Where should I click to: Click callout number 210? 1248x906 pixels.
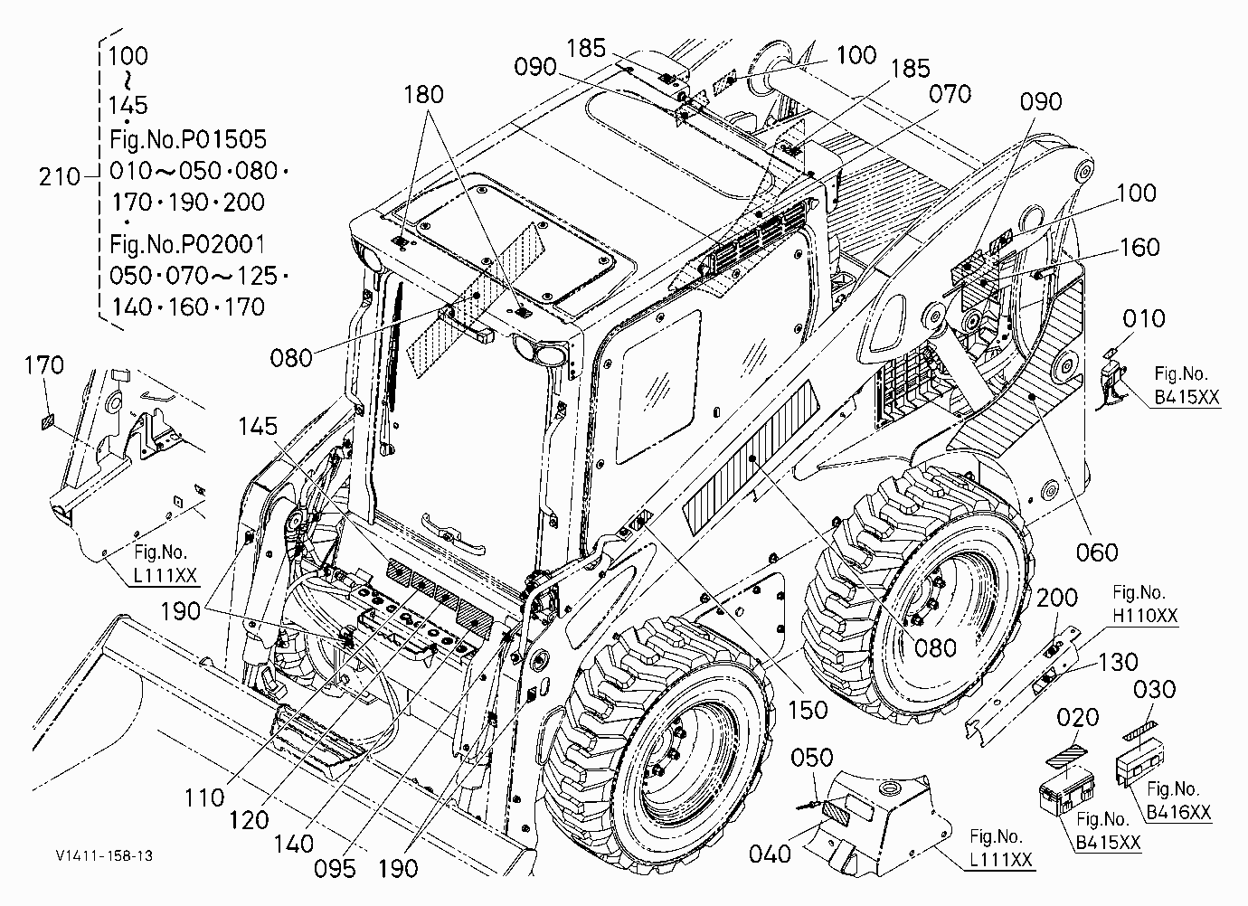(x=60, y=177)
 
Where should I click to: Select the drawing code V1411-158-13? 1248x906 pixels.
(x=104, y=855)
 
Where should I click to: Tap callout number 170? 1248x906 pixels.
(x=44, y=365)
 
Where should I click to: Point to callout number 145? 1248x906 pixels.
(x=258, y=427)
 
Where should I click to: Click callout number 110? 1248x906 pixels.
(x=205, y=797)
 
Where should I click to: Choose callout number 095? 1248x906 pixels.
(x=335, y=869)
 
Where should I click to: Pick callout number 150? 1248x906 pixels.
(x=808, y=710)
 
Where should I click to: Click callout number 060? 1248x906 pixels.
(x=1097, y=552)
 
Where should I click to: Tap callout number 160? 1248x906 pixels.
(x=1139, y=247)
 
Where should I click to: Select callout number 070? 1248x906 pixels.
(x=950, y=94)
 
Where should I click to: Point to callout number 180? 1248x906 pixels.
(x=423, y=95)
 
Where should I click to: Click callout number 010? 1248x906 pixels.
(x=1144, y=318)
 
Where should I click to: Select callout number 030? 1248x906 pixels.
(x=1155, y=689)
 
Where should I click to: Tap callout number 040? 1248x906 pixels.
(x=770, y=854)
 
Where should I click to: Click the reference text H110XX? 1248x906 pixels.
(x=1146, y=616)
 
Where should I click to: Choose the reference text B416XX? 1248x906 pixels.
(x=1179, y=812)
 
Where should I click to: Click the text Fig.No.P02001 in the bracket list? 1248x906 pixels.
(x=187, y=244)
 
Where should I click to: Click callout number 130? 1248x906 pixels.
(x=1118, y=663)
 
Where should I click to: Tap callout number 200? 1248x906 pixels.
(x=1057, y=599)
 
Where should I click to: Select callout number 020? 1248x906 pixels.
(x=1078, y=717)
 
